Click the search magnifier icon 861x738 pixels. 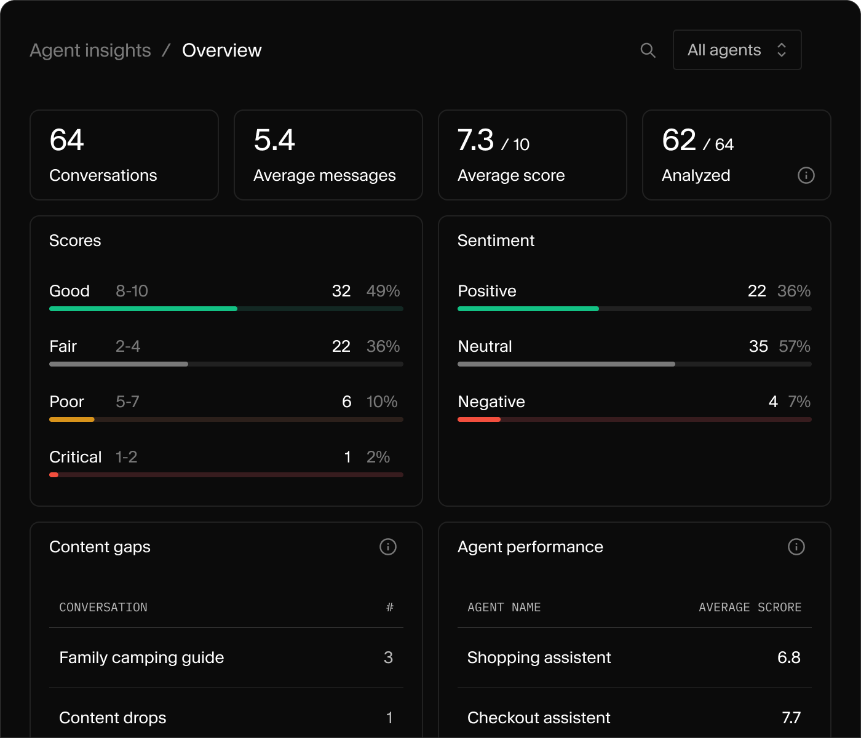click(x=648, y=50)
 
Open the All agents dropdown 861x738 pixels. click(x=737, y=50)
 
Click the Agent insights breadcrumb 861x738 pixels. click(x=90, y=50)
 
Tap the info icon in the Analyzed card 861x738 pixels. click(x=806, y=175)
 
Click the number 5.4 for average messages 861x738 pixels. click(x=274, y=140)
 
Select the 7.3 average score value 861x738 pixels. click(x=475, y=140)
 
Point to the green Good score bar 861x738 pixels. click(x=143, y=309)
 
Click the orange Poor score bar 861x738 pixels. click(x=71, y=419)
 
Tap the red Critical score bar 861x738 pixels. click(x=54, y=475)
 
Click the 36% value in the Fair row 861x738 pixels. click(x=383, y=346)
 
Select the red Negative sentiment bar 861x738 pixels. click(x=479, y=419)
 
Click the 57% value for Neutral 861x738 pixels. click(x=795, y=346)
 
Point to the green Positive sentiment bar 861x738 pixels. click(x=528, y=309)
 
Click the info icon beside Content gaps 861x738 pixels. click(x=388, y=547)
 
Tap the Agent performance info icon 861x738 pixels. click(x=796, y=547)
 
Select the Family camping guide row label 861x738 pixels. click(x=141, y=657)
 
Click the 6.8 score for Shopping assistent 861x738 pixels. click(x=789, y=657)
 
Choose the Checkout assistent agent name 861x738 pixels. click(x=539, y=718)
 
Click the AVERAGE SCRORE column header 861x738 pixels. click(x=750, y=607)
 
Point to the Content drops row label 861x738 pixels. click(x=113, y=718)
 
